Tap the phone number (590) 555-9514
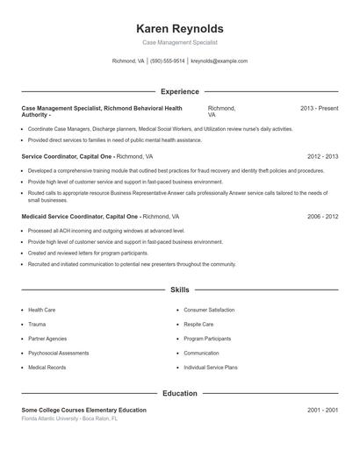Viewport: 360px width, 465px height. pos(167,61)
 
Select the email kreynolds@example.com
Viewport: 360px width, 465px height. pos(219,61)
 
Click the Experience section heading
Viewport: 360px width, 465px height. pos(179,91)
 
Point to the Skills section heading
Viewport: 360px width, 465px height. pos(179,289)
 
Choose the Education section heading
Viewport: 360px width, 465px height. pos(179,393)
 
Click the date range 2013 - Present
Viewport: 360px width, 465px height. pos(319,108)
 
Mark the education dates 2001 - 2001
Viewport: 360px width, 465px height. pos(322,410)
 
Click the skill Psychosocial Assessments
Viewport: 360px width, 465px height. pos(59,353)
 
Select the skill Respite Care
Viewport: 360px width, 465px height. pos(199,324)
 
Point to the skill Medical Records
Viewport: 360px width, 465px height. pos(47,367)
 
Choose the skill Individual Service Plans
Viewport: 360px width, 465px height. pos(211,367)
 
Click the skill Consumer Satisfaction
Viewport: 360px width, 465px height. pos(209,310)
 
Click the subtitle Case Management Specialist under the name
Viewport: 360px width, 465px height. pos(179,42)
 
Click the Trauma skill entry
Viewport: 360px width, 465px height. pos(38,324)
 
